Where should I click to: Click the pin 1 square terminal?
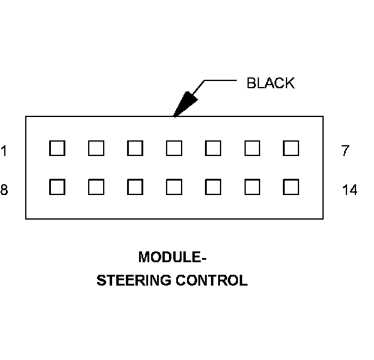tap(57, 148)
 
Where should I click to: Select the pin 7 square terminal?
tap(291, 148)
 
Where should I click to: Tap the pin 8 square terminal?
tap(57, 187)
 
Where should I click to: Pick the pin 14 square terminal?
tap(291, 187)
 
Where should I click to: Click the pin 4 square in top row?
tap(174, 148)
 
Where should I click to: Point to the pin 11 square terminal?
tap(174, 187)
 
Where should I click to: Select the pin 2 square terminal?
tap(96, 148)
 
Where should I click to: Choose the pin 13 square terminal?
tap(252, 187)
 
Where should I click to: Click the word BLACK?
tap(270, 83)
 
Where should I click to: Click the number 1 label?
tap(4, 151)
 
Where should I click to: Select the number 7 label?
tap(345, 151)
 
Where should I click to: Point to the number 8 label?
tap(4, 190)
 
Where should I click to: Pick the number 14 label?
tap(349, 190)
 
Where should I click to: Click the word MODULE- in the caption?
tap(173, 257)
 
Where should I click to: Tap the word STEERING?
tap(134, 280)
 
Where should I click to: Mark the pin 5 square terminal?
tap(213, 148)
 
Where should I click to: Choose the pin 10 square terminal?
tap(135, 187)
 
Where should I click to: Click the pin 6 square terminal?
tap(252, 148)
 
